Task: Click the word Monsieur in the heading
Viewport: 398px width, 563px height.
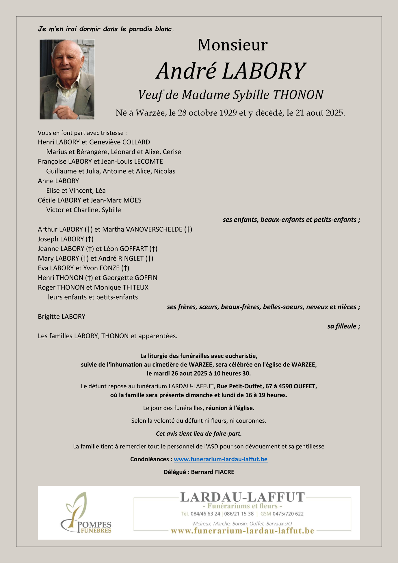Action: click(x=233, y=45)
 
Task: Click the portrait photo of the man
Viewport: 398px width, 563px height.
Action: click(x=67, y=79)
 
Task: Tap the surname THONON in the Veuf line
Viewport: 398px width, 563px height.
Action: click(x=298, y=95)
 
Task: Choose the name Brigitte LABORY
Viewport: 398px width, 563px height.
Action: click(x=62, y=317)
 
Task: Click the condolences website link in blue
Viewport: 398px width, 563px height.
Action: click(x=221, y=459)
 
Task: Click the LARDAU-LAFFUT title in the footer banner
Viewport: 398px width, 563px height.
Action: click(x=242, y=497)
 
